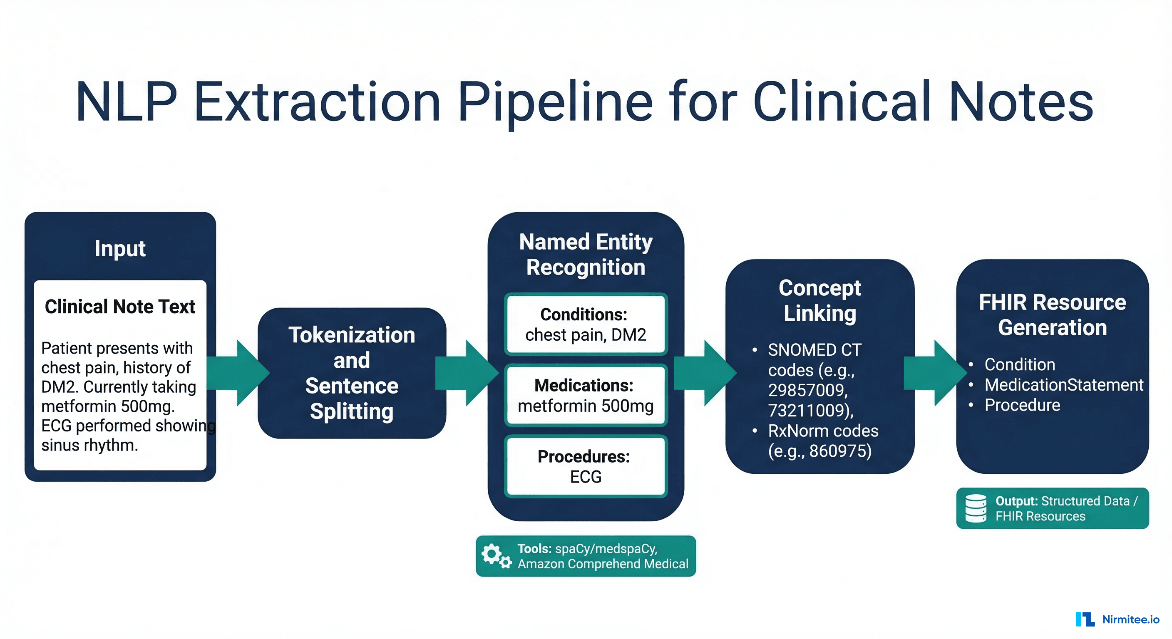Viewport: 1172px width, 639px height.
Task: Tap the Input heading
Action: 120,249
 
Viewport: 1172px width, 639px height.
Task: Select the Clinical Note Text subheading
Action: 120,307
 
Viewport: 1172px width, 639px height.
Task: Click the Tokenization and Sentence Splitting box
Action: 352,373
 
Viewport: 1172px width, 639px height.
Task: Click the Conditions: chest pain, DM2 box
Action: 586,324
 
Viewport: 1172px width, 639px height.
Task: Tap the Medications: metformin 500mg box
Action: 586,395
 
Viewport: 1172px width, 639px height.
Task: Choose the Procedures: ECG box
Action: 586,466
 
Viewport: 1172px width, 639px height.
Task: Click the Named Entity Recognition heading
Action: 586,254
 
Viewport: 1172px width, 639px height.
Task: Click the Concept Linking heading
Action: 819,300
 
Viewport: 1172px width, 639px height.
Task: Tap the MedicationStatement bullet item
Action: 1063,385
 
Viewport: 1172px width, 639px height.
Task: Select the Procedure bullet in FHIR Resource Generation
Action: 1022,405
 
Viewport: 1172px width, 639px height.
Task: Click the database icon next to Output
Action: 976,508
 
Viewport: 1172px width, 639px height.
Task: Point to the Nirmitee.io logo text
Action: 1131,619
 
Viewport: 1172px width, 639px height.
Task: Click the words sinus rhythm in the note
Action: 89,445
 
